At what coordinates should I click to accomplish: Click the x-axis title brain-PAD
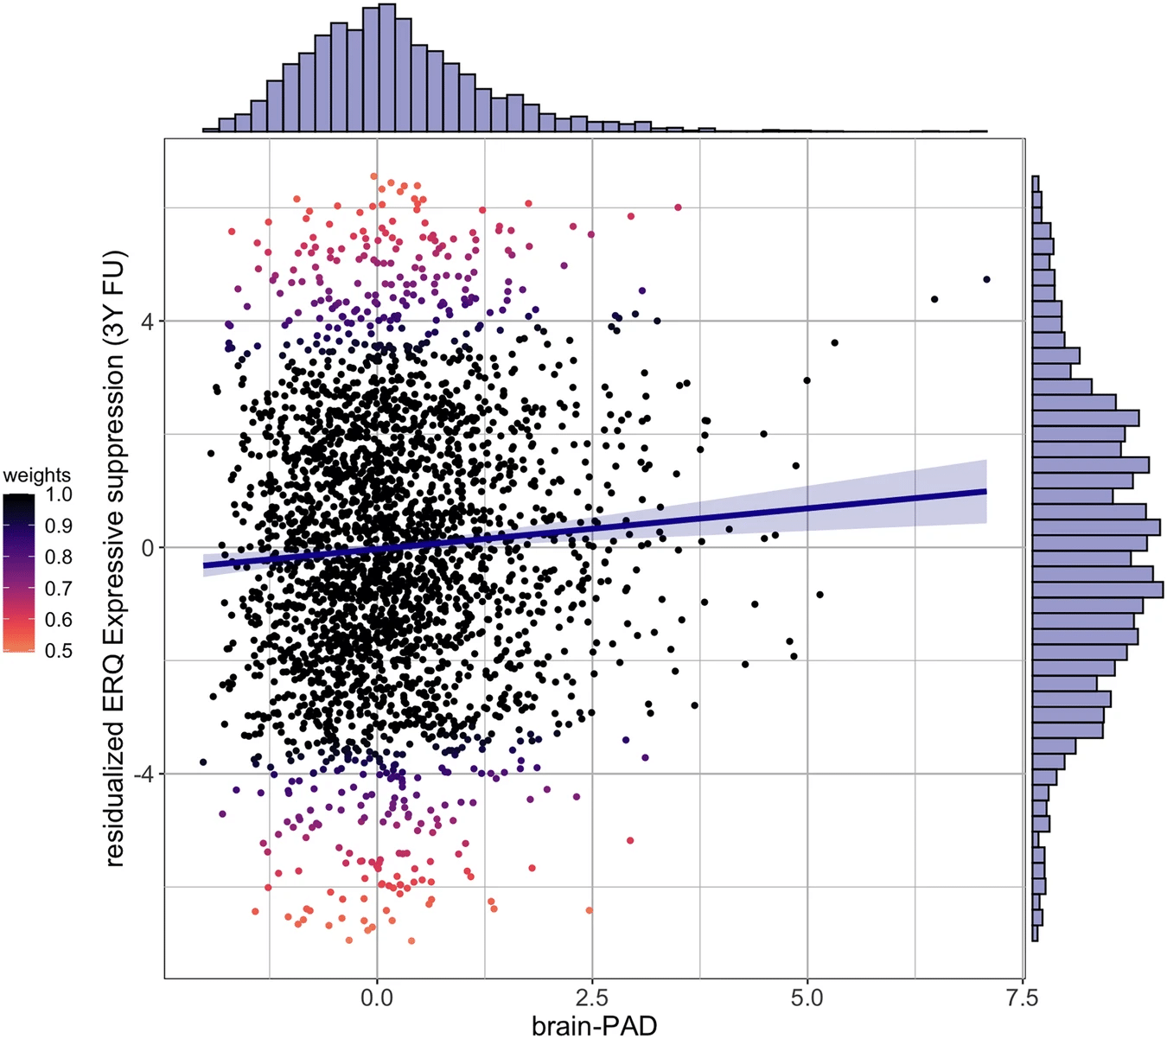(x=594, y=1025)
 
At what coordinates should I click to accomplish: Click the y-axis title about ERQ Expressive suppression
(x=115, y=558)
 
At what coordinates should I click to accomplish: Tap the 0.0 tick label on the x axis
(x=376, y=998)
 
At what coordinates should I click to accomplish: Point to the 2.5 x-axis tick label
(x=592, y=998)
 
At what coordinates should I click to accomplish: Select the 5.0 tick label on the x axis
(x=807, y=998)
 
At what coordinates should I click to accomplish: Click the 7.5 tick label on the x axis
(x=1022, y=998)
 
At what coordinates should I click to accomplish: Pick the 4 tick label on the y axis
(x=147, y=322)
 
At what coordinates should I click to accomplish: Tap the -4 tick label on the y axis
(x=143, y=774)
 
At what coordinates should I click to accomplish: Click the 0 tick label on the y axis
(x=147, y=548)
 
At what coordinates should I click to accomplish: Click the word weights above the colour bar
(x=36, y=475)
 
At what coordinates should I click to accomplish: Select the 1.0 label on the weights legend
(x=59, y=494)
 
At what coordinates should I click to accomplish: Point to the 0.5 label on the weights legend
(x=59, y=651)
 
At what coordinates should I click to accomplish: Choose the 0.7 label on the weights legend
(x=59, y=589)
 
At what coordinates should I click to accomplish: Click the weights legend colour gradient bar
(x=19, y=572)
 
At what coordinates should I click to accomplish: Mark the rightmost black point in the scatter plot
(x=986, y=279)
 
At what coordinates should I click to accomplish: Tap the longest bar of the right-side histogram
(x=1098, y=590)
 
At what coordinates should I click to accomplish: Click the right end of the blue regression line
(x=985, y=491)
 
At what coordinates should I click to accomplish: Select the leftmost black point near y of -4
(x=203, y=762)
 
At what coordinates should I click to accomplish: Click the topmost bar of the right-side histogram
(x=1035, y=183)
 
